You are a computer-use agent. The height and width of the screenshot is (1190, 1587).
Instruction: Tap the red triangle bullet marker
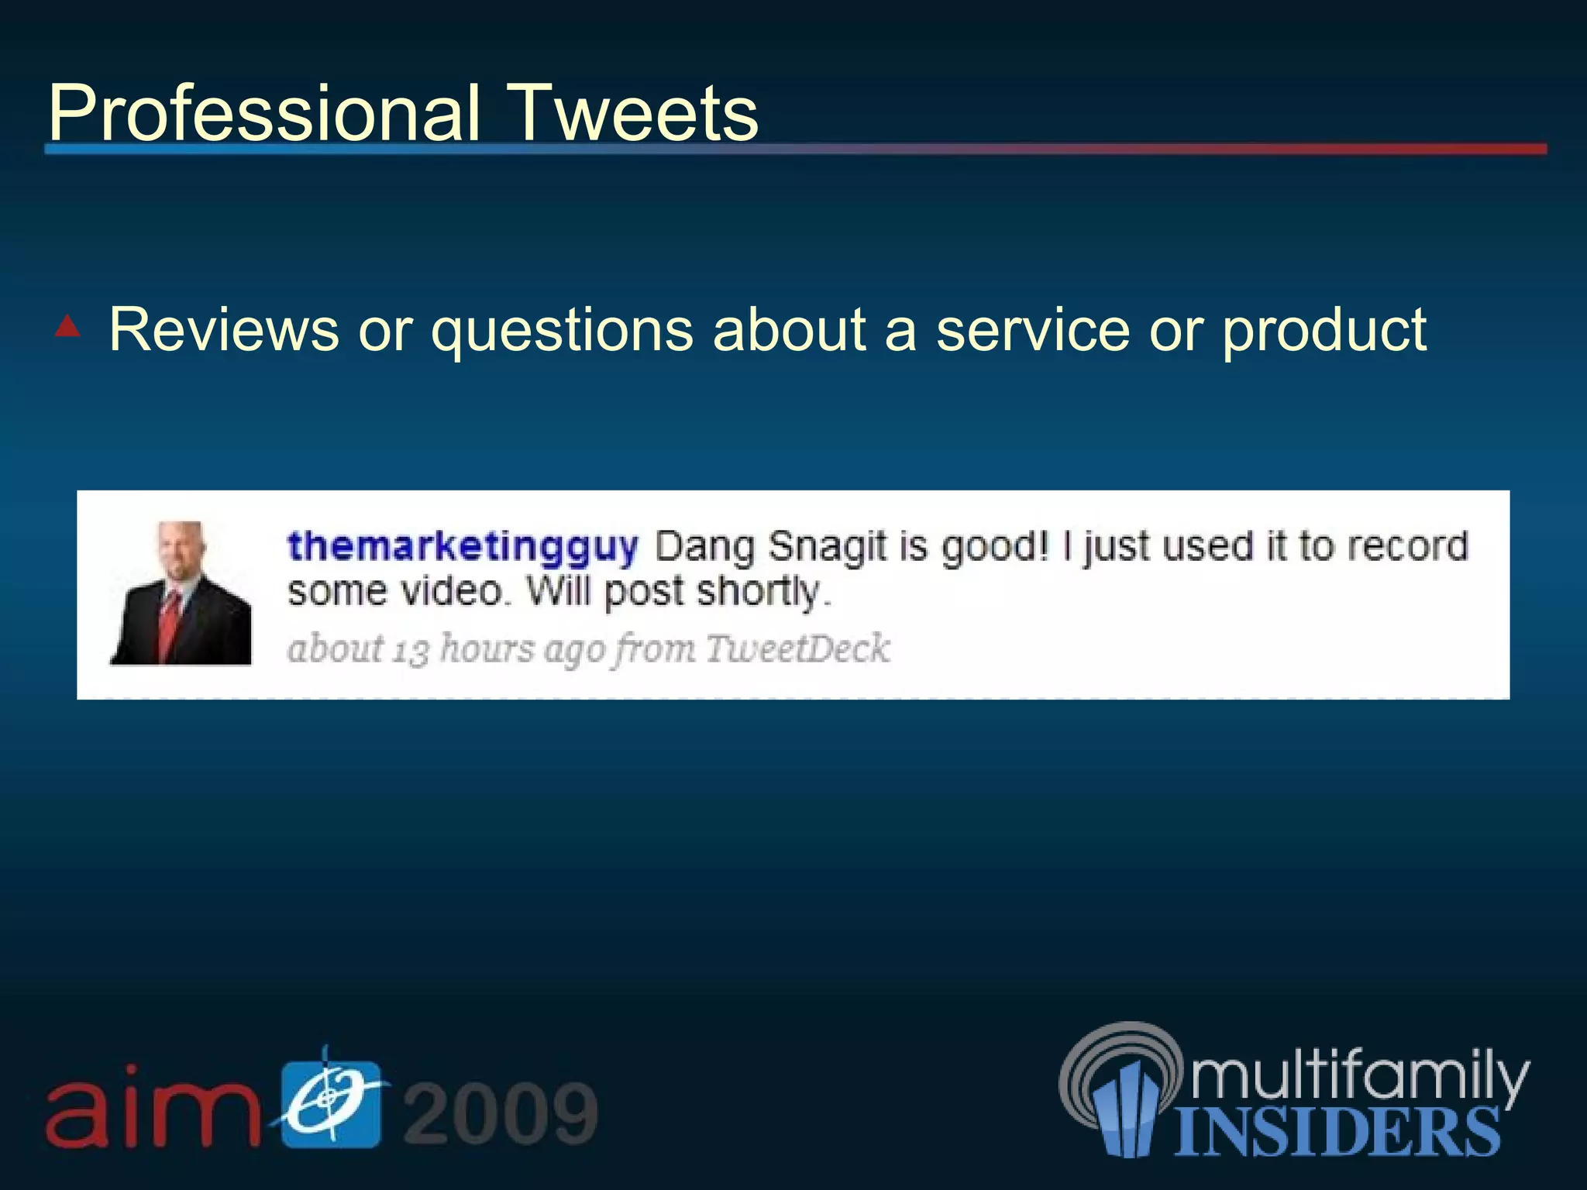[68, 326]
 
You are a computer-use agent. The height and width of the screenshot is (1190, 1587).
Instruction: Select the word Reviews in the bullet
[224, 330]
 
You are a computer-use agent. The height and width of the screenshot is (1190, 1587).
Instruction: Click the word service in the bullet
[1033, 330]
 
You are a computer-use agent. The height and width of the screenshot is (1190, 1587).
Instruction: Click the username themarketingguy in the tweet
[463, 547]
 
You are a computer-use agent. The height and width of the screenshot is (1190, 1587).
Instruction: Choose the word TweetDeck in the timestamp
[797, 648]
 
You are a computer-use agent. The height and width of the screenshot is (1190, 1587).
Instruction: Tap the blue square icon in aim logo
[331, 1103]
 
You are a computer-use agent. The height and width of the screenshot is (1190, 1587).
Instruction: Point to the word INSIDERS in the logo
[1337, 1132]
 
